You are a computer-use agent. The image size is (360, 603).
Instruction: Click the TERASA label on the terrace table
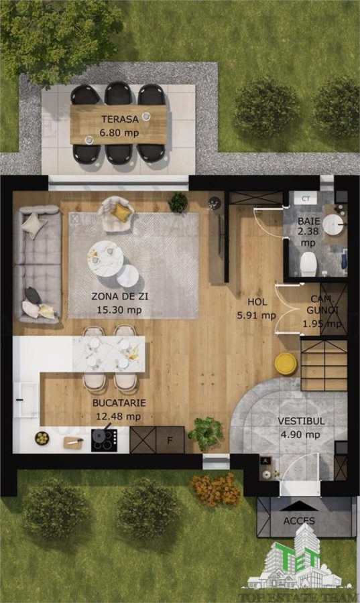click(x=119, y=119)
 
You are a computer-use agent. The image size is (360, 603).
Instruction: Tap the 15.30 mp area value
click(x=119, y=310)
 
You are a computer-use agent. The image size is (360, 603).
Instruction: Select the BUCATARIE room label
click(x=119, y=403)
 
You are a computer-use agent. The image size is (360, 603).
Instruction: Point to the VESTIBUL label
click(x=301, y=421)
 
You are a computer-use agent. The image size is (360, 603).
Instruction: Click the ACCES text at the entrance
click(x=299, y=521)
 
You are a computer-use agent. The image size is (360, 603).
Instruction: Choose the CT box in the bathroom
click(x=306, y=198)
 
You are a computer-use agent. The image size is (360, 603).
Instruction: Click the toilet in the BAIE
click(x=308, y=264)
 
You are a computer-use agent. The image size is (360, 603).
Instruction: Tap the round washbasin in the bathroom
click(x=333, y=224)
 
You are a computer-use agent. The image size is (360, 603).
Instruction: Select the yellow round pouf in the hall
click(x=286, y=363)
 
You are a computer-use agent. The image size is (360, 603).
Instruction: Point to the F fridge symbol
click(x=170, y=440)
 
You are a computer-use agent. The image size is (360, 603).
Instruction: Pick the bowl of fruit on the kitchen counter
click(x=42, y=438)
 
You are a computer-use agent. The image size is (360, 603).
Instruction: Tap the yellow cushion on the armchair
click(x=122, y=212)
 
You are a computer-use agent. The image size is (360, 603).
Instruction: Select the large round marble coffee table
click(x=105, y=259)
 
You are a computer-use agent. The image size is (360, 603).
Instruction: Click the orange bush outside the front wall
click(x=215, y=490)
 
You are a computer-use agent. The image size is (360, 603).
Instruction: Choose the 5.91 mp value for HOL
click(x=257, y=316)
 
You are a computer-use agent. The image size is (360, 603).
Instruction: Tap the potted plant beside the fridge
click(x=206, y=433)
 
